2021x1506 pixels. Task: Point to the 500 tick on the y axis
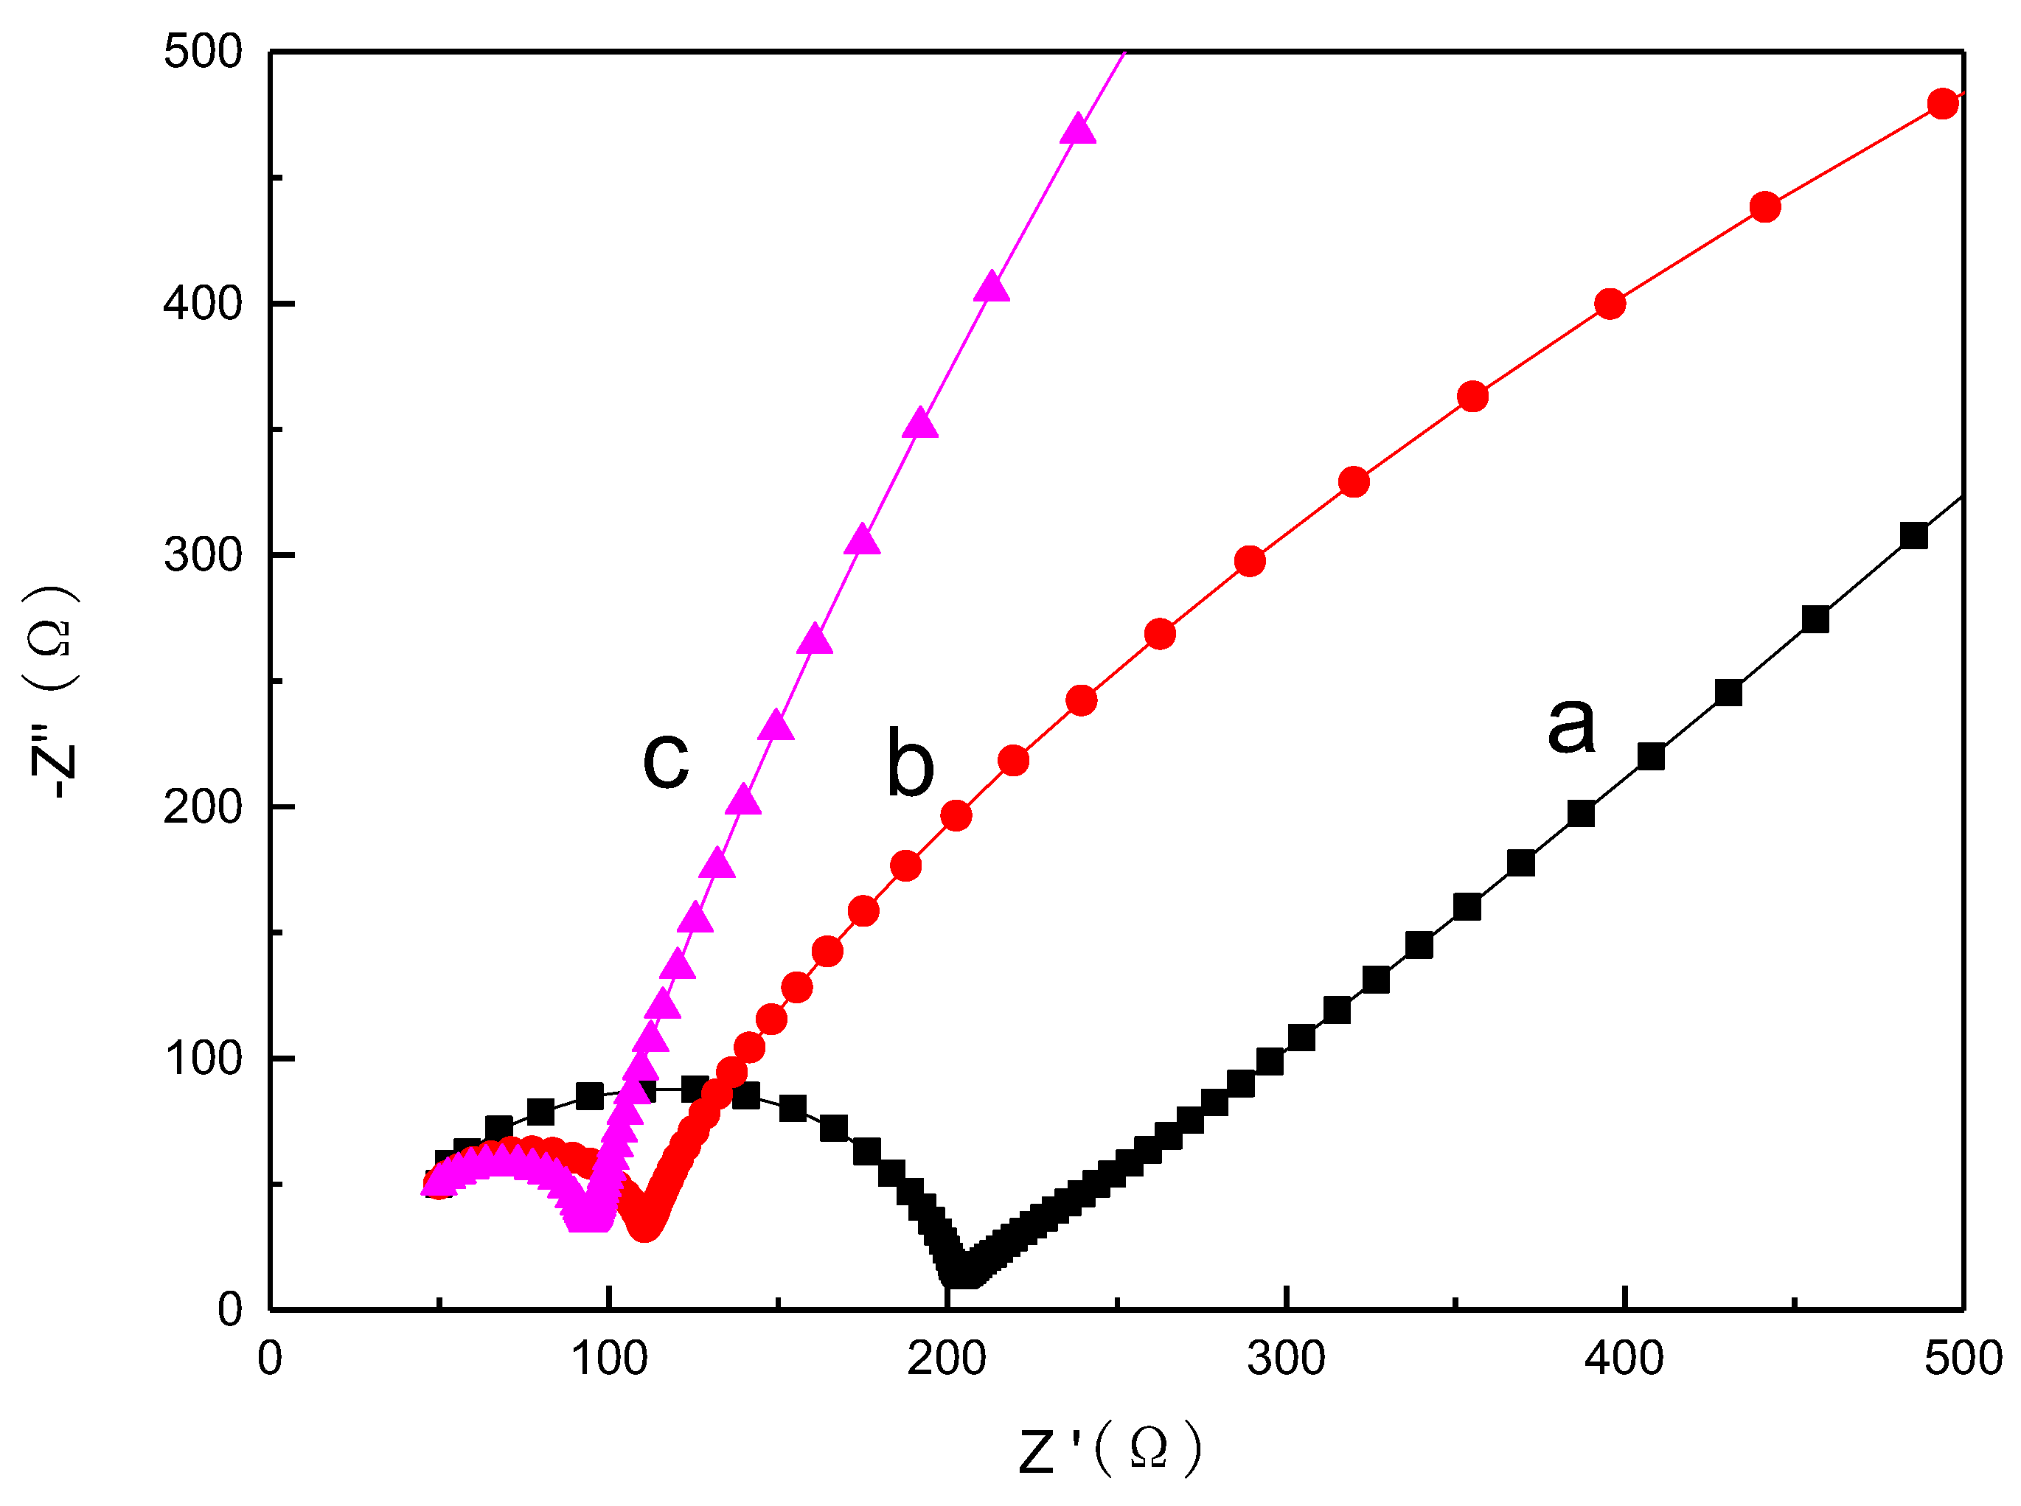point(202,51)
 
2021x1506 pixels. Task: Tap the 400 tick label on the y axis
point(202,303)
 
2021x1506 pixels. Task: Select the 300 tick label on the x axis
point(1285,1359)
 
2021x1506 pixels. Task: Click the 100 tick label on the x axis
point(609,1359)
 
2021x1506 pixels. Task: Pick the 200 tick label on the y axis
point(202,806)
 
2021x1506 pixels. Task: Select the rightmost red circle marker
point(1943,104)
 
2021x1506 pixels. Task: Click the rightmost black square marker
point(1913,536)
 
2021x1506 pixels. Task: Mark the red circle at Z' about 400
point(1610,304)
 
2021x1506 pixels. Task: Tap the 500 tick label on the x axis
point(1963,1359)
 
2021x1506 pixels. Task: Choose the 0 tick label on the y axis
point(230,1310)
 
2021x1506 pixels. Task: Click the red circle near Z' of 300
point(1250,562)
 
